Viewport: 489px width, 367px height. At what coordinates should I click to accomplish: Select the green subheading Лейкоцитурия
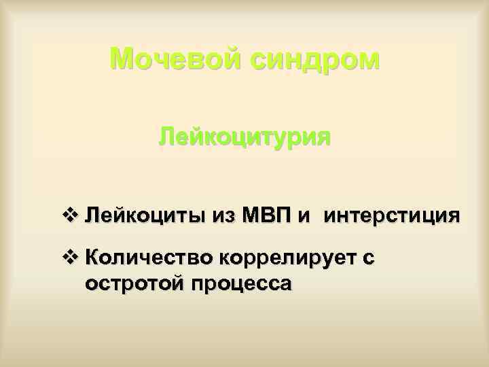(244, 139)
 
